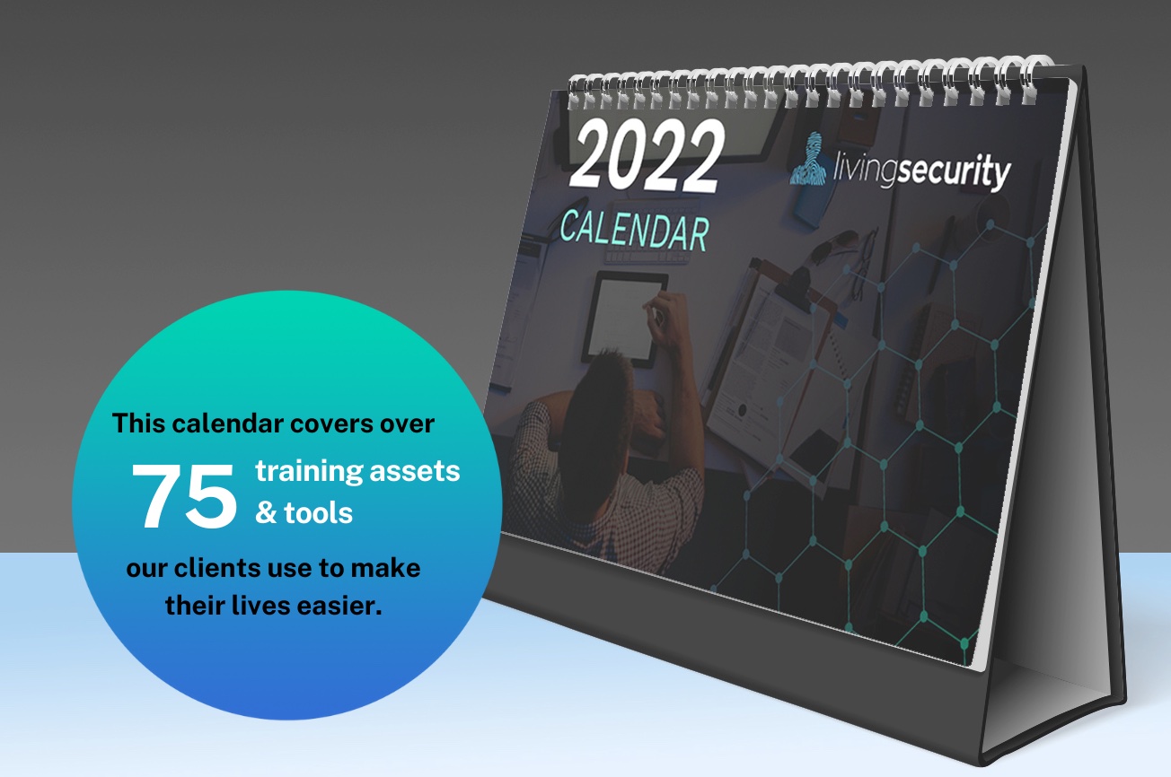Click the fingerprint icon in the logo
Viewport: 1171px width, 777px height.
[809, 159]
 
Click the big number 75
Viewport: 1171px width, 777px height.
[185, 496]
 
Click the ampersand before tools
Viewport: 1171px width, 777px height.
[266, 514]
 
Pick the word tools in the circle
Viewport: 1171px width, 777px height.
[318, 514]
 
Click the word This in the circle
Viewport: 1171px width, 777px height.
[137, 423]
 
